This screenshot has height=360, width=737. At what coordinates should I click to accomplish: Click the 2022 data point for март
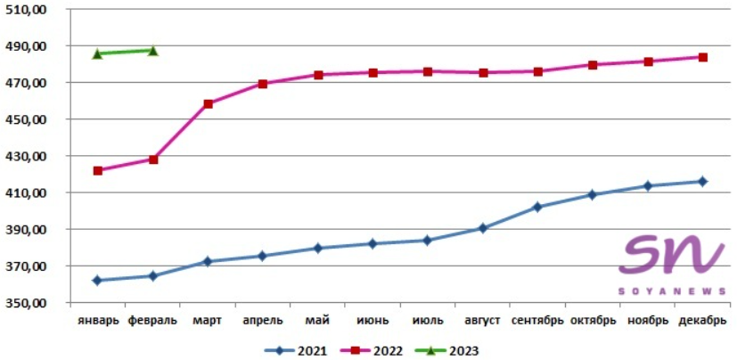(209, 103)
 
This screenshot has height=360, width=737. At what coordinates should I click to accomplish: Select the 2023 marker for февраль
(153, 51)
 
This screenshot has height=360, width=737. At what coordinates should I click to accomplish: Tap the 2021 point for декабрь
(702, 181)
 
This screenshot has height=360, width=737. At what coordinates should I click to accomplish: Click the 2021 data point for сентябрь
(537, 207)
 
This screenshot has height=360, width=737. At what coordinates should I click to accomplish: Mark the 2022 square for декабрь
(702, 57)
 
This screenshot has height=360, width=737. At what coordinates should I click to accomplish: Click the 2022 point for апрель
(263, 84)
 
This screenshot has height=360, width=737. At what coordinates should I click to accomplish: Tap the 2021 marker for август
(482, 228)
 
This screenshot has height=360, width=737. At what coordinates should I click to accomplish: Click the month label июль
(428, 320)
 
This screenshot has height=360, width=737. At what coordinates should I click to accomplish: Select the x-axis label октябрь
(593, 320)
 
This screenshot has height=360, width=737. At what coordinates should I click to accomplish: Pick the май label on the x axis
(317, 320)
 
